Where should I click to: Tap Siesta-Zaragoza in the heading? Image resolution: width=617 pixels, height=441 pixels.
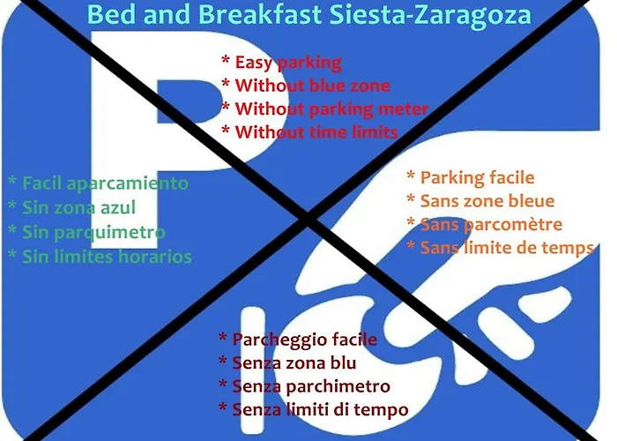coord(430,15)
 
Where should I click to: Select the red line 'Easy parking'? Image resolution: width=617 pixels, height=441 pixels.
coord(288,63)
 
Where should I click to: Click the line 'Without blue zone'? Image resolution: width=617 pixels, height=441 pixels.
coord(312,86)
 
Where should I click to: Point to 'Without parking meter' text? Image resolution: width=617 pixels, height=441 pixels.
coord(331,109)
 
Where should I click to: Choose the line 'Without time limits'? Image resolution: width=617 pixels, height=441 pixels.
coord(316,132)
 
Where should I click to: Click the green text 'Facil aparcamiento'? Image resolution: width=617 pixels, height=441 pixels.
coord(105,183)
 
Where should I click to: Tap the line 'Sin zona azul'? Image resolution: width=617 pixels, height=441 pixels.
coord(78,207)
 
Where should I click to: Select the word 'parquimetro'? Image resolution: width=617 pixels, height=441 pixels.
coord(110,233)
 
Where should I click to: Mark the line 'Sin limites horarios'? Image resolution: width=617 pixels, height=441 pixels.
coord(107,257)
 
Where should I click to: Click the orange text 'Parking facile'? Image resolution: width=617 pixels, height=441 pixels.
coord(478,178)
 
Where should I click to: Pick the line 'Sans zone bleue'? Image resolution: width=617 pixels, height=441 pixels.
coord(487,201)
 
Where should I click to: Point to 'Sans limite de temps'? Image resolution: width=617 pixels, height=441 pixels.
coord(507,248)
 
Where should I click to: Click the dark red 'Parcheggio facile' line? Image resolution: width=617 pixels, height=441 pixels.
coord(305,340)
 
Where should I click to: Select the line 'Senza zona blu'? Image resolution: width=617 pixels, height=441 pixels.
coord(294,363)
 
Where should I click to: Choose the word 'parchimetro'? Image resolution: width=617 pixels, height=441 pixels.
coord(338,386)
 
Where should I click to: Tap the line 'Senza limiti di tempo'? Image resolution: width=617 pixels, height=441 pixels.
coord(320,410)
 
